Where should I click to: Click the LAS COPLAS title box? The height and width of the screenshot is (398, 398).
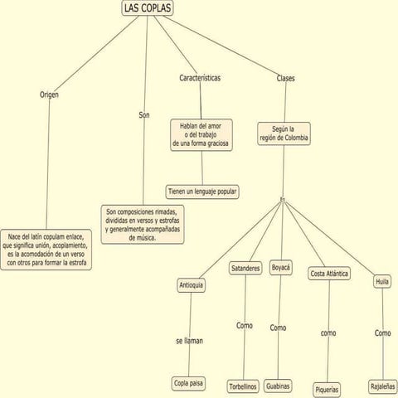click(x=148, y=8)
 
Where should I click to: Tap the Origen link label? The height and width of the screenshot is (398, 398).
click(x=49, y=95)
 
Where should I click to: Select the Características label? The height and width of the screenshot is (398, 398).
click(x=200, y=78)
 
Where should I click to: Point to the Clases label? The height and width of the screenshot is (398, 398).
click(x=285, y=78)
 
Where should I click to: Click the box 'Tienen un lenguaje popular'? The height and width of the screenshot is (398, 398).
click(x=202, y=192)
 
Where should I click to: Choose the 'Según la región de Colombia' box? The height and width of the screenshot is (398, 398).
click(x=284, y=133)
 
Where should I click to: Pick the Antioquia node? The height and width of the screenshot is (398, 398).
click(x=191, y=285)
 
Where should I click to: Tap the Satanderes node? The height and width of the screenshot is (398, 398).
click(x=245, y=268)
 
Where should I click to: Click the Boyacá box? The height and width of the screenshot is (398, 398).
click(x=280, y=268)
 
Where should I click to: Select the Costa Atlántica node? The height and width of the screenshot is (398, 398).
click(x=329, y=274)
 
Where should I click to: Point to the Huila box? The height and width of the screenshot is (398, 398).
click(x=382, y=282)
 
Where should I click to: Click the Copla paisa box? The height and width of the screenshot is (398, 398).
click(x=188, y=383)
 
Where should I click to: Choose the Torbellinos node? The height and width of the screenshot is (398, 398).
click(x=243, y=386)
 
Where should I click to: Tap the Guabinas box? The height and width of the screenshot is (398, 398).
click(x=278, y=386)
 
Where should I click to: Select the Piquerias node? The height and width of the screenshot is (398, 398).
click(x=327, y=390)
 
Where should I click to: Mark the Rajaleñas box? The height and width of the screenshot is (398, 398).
click(x=383, y=386)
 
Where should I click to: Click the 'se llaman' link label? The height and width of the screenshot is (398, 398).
click(x=189, y=341)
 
